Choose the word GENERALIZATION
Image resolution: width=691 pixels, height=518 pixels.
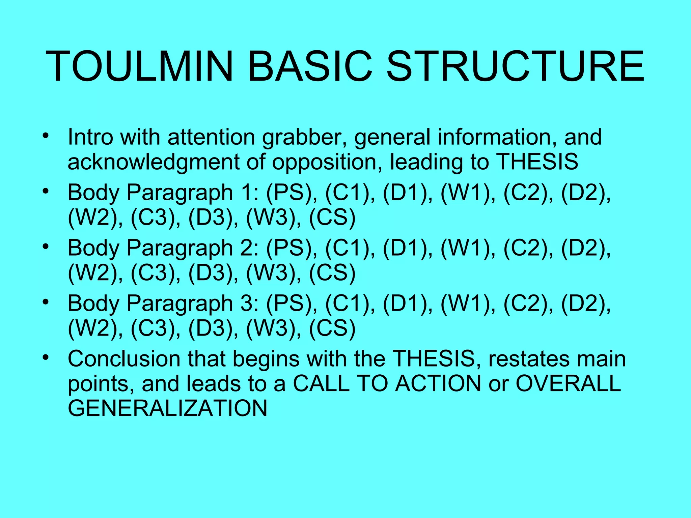168,408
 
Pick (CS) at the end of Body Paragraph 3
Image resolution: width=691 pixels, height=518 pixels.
332,328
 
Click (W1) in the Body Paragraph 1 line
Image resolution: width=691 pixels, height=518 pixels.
466,193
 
